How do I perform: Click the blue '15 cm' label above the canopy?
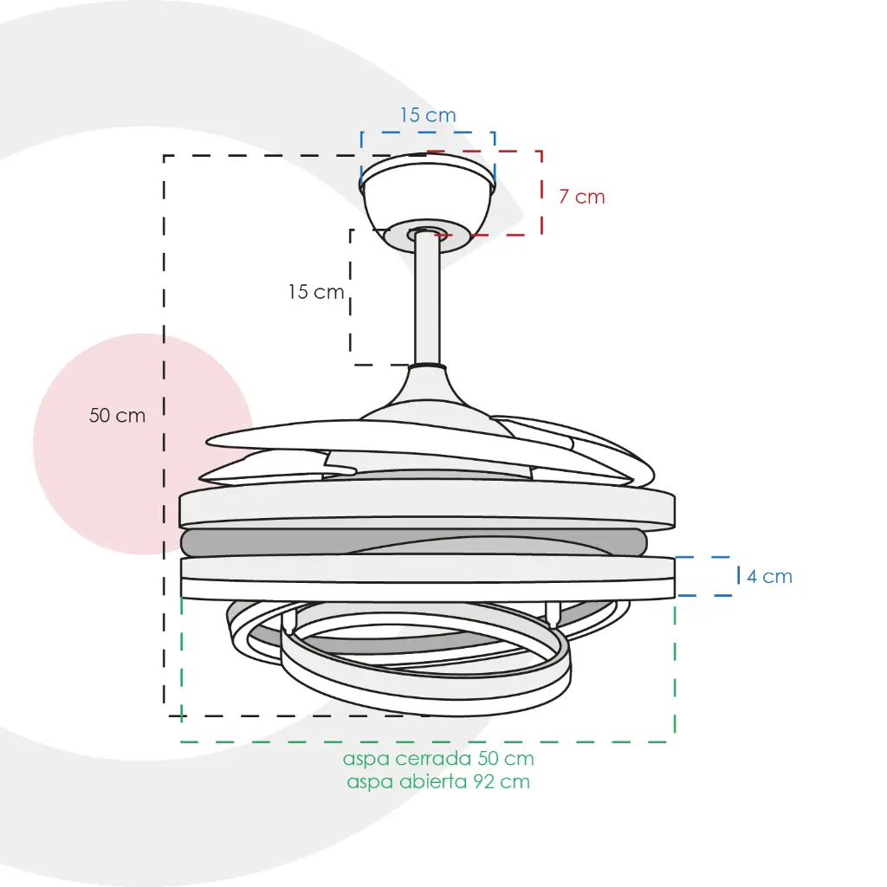click(x=428, y=115)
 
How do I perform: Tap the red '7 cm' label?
click(x=582, y=197)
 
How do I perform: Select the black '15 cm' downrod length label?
click(x=316, y=292)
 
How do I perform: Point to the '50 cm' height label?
click(x=117, y=416)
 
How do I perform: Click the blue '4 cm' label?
click(x=769, y=576)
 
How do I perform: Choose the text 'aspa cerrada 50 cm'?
click(x=438, y=758)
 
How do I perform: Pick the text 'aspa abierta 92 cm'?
click(x=438, y=782)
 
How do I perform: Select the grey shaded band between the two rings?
click(x=413, y=542)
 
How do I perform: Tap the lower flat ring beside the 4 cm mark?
click(x=428, y=578)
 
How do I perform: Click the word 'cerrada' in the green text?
click(x=434, y=758)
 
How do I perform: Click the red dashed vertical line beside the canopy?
click(x=542, y=193)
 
